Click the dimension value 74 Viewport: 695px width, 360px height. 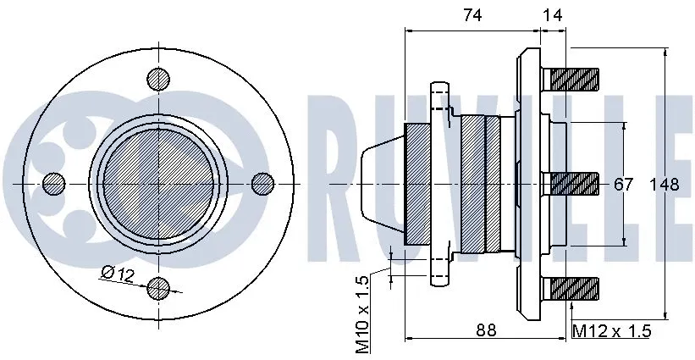(x=472, y=14)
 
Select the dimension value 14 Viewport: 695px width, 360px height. (x=554, y=14)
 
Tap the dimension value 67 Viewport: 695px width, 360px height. (x=624, y=185)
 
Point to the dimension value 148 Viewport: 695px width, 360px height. (x=665, y=185)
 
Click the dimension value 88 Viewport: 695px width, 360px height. (x=486, y=330)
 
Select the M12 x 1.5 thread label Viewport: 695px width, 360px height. (x=612, y=331)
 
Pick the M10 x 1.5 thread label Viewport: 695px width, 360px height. (x=362, y=314)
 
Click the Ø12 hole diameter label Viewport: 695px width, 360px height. (x=118, y=273)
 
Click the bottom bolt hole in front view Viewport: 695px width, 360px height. (x=158, y=288)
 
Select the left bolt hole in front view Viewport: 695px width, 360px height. (x=53, y=183)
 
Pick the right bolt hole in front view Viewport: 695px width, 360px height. (x=263, y=183)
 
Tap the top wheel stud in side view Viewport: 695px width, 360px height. (x=575, y=79)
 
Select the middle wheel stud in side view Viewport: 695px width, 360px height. (x=575, y=183)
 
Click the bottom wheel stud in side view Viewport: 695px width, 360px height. (x=575, y=288)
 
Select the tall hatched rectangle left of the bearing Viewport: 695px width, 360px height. (x=418, y=183)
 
